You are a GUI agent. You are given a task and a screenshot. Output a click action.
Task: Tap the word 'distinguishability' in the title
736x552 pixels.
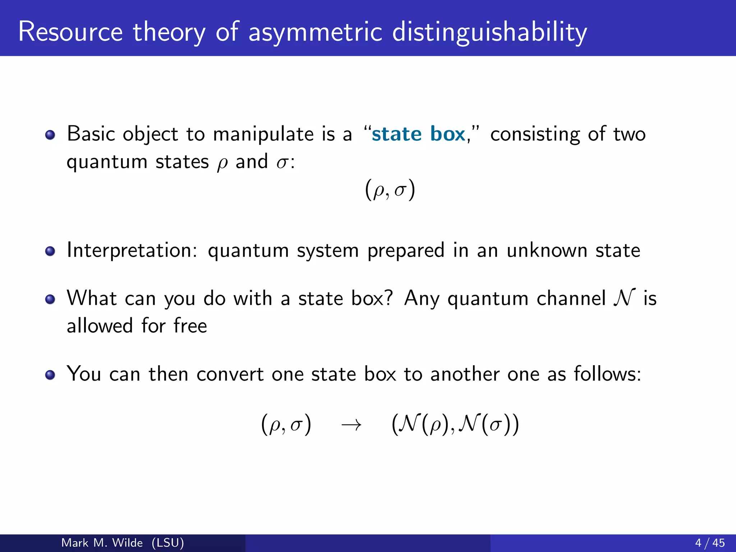(x=489, y=32)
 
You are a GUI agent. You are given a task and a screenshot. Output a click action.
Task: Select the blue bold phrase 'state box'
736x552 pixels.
(x=418, y=134)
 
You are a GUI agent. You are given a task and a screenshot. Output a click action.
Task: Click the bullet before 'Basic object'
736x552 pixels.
(x=50, y=135)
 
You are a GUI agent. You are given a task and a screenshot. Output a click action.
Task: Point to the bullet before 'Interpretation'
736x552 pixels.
(x=50, y=251)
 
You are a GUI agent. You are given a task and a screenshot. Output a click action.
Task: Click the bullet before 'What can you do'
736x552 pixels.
(x=50, y=299)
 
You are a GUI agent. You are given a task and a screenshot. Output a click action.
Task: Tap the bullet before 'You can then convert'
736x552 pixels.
(x=50, y=375)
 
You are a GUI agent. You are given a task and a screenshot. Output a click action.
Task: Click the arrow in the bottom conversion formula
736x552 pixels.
(x=351, y=425)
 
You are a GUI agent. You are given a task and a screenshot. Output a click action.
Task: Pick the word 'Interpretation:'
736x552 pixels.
(x=132, y=250)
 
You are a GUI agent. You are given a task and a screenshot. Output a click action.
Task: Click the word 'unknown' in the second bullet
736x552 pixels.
(x=547, y=250)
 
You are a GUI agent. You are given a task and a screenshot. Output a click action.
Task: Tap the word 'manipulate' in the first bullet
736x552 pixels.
(x=263, y=134)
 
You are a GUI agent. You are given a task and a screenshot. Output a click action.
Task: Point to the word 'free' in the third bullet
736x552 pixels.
(x=190, y=326)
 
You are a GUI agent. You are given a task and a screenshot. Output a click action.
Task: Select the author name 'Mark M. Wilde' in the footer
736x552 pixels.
(x=102, y=543)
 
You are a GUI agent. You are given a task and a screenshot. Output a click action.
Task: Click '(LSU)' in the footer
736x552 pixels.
(x=168, y=543)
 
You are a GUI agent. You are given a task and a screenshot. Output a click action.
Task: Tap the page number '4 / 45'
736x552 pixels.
(x=710, y=543)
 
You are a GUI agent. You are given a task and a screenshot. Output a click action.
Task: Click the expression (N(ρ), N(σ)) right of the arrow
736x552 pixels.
(x=455, y=425)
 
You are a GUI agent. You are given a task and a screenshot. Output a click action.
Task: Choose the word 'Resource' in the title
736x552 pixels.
(x=70, y=32)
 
